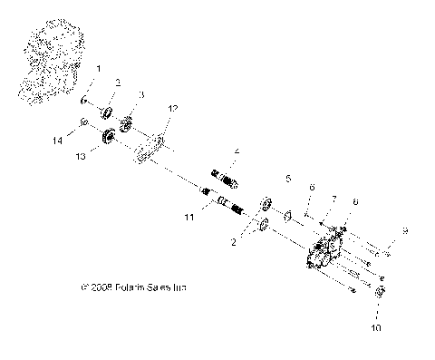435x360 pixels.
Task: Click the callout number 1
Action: click(100, 69)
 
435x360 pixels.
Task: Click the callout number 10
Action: click(191, 219)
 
